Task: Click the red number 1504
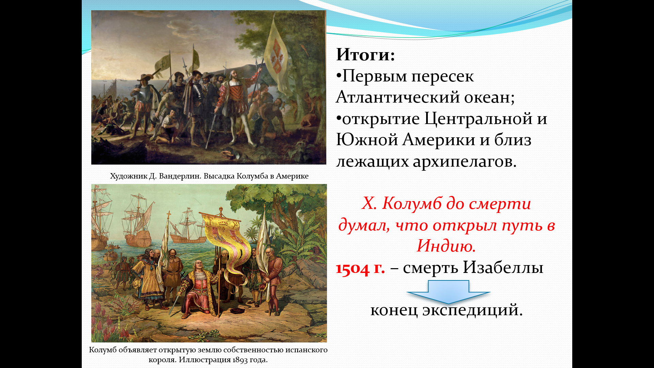click(x=353, y=269)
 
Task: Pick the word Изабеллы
click(x=503, y=267)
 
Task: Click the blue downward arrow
click(x=448, y=292)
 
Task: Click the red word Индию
click(x=446, y=246)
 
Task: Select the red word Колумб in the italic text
click(x=412, y=203)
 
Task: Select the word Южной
click(x=367, y=140)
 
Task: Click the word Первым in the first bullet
click(x=374, y=76)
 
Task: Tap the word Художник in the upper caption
click(x=128, y=177)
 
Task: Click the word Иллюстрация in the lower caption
click(x=205, y=360)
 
